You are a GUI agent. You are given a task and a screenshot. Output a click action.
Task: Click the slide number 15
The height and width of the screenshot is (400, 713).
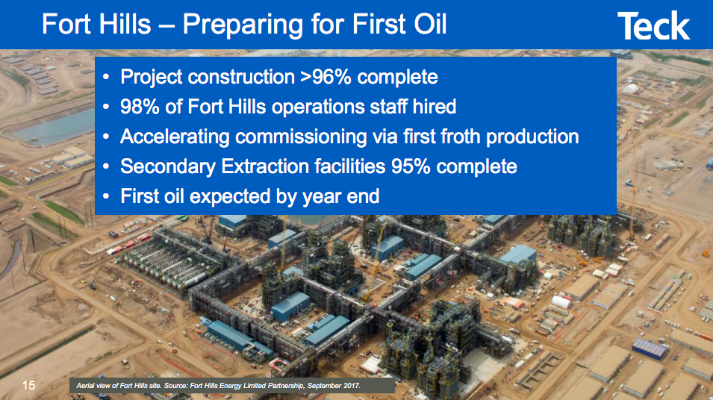(x=28, y=385)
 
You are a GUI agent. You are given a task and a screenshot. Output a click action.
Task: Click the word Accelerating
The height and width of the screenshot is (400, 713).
(x=175, y=137)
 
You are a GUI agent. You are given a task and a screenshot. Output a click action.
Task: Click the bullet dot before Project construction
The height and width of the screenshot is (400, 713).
(x=107, y=78)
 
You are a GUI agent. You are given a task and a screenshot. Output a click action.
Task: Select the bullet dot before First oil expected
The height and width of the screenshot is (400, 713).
(x=107, y=197)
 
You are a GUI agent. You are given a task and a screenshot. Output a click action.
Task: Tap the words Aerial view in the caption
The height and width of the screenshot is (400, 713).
(x=93, y=385)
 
